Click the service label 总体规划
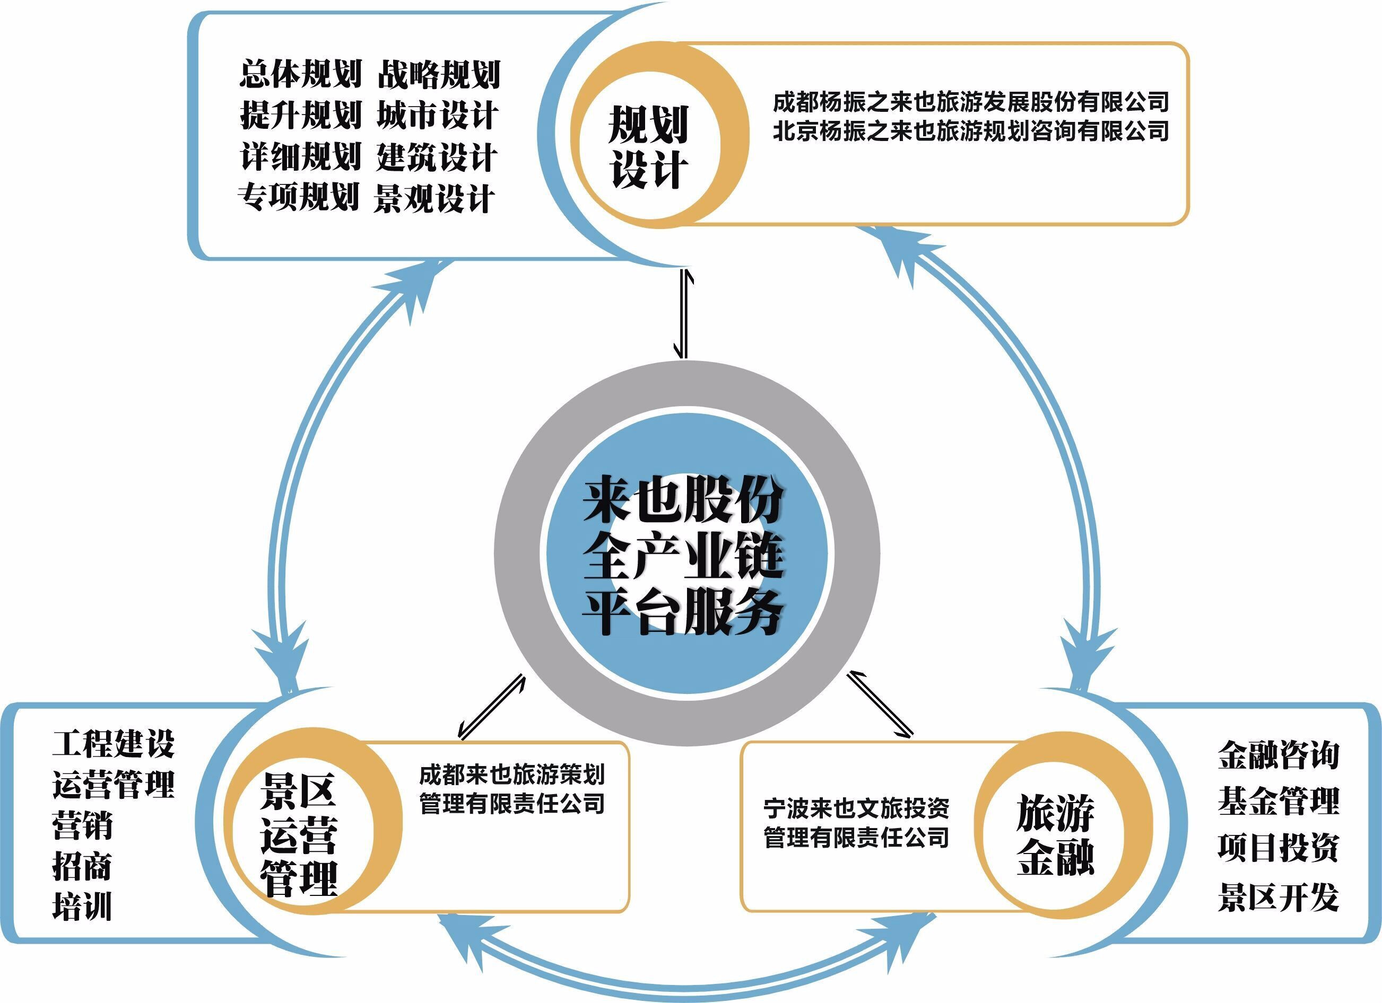pyautogui.click(x=300, y=74)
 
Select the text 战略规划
pyautogui.click(x=439, y=74)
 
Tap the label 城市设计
pyautogui.click(x=438, y=115)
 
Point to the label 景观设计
pyautogui.click(x=433, y=198)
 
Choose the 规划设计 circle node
pyautogui.click(x=648, y=146)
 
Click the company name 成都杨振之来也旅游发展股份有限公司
pyautogui.click(x=970, y=102)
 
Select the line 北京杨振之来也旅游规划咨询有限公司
pyautogui.click(x=970, y=131)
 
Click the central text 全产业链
pyautogui.click(x=682, y=556)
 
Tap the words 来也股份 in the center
pyautogui.click(x=682, y=501)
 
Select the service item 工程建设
pyautogui.click(x=114, y=744)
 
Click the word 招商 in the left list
pyautogui.click(x=82, y=866)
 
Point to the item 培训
pyautogui.click(x=82, y=906)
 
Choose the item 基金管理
pyautogui.click(x=1279, y=802)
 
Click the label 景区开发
pyautogui.click(x=1279, y=897)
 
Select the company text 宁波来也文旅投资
pyautogui.click(x=856, y=809)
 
